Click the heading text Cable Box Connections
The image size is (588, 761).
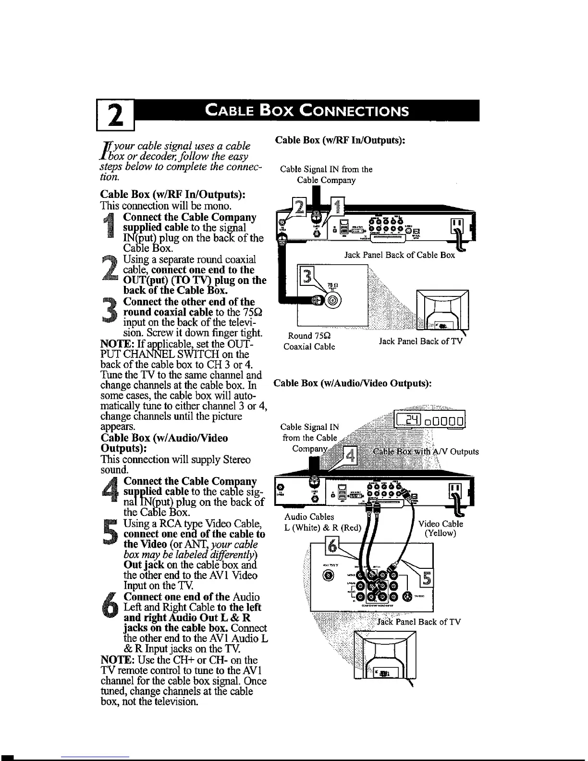pos(307,111)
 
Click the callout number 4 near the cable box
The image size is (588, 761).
pos(350,455)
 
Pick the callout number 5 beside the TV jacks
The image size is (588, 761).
pos(425,579)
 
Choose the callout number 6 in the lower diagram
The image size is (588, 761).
pos(332,546)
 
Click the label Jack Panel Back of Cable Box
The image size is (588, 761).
pos(399,255)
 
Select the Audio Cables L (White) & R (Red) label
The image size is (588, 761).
pos(322,522)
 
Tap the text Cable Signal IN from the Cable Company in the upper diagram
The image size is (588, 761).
pos(326,175)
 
